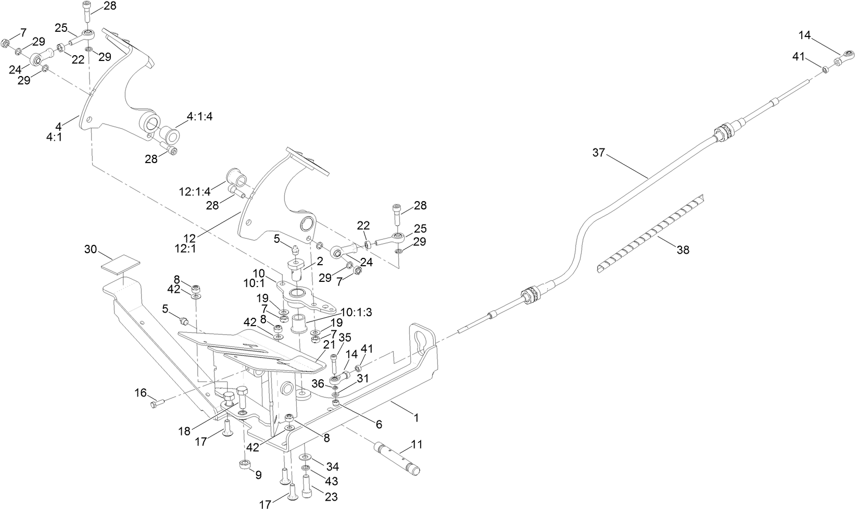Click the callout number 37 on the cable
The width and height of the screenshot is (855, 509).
coord(599,153)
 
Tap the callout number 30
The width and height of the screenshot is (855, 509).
coord(91,250)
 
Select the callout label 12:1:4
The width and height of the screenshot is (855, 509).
coord(195,192)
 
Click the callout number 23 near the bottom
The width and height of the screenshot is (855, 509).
coord(331,496)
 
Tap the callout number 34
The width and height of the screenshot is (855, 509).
coord(332,465)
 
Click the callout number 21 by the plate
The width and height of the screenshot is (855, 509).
coord(329,345)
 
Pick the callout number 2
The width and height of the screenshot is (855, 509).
coord(319,260)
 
